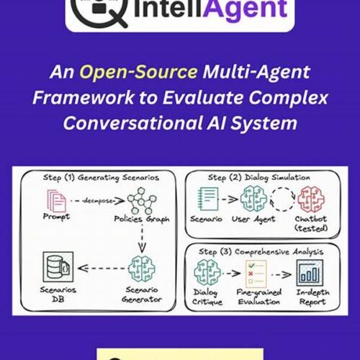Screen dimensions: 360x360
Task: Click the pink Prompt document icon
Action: [x=56, y=201]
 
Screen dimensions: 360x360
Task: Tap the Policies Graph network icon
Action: [x=142, y=201]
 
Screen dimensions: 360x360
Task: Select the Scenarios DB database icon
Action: [x=58, y=266]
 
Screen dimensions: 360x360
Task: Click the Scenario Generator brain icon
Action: [x=142, y=269]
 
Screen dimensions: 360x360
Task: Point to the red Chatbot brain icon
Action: [x=311, y=199]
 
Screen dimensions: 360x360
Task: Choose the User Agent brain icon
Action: [x=253, y=199]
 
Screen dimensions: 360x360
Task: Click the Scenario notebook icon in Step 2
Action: [x=208, y=199]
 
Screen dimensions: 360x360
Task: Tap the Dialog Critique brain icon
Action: [x=207, y=272]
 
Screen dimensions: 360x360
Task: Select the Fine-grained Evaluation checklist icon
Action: [x=256, y=274]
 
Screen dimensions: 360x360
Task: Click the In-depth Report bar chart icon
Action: [x=310, y=273]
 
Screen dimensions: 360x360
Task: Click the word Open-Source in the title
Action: [x=138, y=72]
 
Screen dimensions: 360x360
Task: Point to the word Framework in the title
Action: [x=84, y=97]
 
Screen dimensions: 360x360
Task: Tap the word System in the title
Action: [x=264, y=123]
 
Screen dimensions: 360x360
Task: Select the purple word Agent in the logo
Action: [x=246, y=9]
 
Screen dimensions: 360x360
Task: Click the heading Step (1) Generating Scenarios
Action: [x=101, y=178]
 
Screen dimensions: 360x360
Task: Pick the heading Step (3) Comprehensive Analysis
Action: [x=261, y=252]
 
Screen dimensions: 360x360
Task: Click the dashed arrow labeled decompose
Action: [x=98, y=201]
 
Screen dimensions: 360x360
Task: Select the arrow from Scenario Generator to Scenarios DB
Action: [x=102, y=268]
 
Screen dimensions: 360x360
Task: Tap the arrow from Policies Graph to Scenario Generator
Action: [x=142, y=240]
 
